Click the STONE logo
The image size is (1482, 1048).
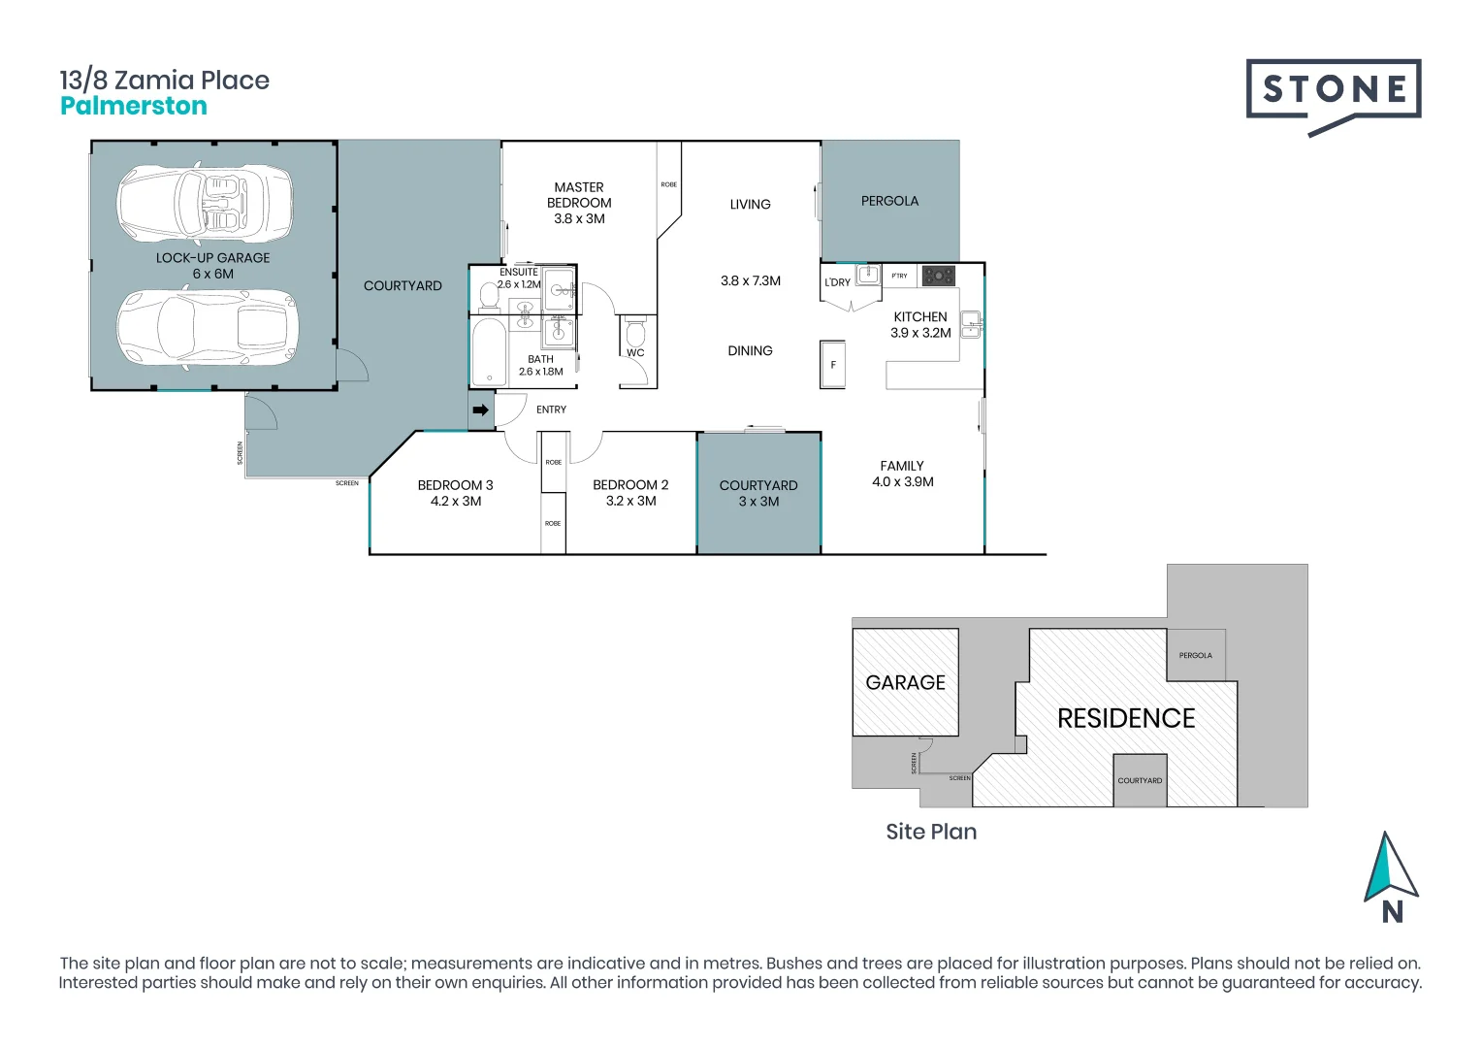1333,90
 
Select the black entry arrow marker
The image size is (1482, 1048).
480,410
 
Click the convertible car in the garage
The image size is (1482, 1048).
205,204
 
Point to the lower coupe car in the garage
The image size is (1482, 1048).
207,328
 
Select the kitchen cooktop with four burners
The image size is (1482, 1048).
938,276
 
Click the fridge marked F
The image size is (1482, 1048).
832,365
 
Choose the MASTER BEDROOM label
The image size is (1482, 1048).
579,195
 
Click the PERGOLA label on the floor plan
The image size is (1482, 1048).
889,201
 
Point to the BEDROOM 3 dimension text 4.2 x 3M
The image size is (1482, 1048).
456,502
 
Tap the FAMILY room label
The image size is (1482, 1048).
902,466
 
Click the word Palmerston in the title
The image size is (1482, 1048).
134,107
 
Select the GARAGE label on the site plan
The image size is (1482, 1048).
905,683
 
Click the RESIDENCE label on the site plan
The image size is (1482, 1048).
1126,719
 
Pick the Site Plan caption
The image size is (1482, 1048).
931,832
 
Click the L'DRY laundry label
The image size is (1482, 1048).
837,282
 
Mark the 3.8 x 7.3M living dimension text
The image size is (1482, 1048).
750,281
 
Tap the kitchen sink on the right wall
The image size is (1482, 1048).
971,323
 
